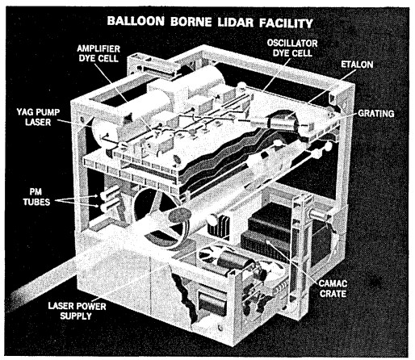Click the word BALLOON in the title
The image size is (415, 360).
click(x=136, y=21)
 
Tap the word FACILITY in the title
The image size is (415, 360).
click(x=286, y=23)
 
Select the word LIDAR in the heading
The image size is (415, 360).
click(x=236, y=23)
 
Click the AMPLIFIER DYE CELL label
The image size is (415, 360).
click(x=99, y=53)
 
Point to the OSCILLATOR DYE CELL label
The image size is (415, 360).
click(x=292, y=48)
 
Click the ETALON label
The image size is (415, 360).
click(x=357, y=65)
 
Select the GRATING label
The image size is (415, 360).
click(x=375, y=114)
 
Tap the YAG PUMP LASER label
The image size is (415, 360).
click(x=38, y=117)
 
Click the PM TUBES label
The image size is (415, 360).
click(x=36, y=197)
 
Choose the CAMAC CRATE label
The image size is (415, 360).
click(x=333, y=288)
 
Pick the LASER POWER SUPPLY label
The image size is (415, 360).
click(x=77, y=311)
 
